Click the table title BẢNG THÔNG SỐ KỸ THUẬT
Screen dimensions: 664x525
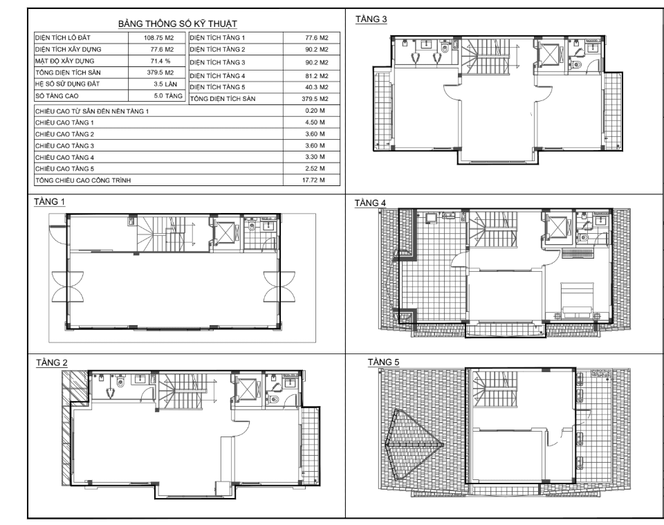click(178, 24)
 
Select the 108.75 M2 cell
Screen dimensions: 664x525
click(158, 37)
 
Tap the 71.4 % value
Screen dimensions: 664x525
click(160, 61)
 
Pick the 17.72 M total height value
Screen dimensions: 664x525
click(313, 180)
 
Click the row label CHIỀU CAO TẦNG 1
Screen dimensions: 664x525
click(64, 123)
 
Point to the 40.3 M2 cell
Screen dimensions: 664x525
click(317, 87)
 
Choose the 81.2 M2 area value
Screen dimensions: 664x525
click(317, 76)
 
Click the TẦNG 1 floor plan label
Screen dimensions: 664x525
click(50, 201)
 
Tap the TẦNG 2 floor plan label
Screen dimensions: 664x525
click(52, 363)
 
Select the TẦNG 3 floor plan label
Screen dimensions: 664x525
click(371, 19)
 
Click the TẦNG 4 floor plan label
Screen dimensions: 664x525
click(370, 203)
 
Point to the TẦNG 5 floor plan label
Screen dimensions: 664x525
click(383, 362)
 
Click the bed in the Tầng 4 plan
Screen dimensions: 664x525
click(576, 301)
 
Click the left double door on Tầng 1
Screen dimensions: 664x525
click(67, 286)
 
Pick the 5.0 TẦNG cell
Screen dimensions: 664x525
click(168, 96)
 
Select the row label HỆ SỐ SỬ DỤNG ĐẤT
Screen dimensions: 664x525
click(67, 84)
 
